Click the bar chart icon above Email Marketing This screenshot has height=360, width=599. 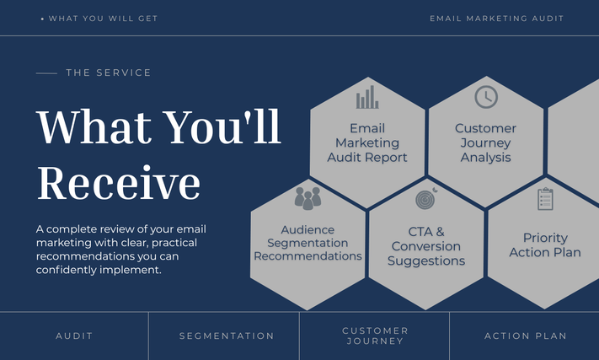pyautogui.click(x=367, y=97)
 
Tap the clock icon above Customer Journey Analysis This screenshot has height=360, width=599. pyautogui.click(x=486, y=97)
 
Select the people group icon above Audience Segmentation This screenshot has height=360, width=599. pyautogui.click(x=308, y=198)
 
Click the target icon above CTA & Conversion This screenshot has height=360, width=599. pyautogui.click(x=426, y=198)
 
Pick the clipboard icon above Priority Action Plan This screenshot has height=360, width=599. pyautogui.click(x=545, y=199)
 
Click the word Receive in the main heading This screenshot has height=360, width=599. pyautogui.click(x=119, y=183)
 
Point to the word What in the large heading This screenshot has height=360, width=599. pyautogui.click(x=94, y=126)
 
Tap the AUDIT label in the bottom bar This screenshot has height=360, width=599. pyautogui.click(x=74, y=336)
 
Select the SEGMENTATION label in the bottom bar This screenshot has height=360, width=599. pyautogui.click(x=227, y=336)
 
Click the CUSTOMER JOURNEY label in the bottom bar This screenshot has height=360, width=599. pyautogui.click(x=375, y=336)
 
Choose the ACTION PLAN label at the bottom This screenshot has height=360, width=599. pyautogui.click(x=525, y=336)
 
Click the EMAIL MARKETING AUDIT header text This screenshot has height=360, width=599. pyautogui.click(x=496, y=19)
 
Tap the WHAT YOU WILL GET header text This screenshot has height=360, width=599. pyautogui.click(x=103, y=19)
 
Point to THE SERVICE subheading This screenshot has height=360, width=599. pyautogui.click(x=109, y=73)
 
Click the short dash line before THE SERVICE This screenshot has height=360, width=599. pyautogui.click(x=46, y=73)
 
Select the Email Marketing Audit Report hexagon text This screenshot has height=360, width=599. pyautogui.click(x=367, y=143)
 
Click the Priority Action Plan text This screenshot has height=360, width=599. pyautogui.click(x=545, y=245)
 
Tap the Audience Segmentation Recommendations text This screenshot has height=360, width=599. pyautogui.click(x=308, y=243)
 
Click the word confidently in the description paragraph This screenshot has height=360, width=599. pyautogui.click(x=66, y=270)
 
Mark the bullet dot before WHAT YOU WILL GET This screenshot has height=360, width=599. pyautogui.click(x=42, y=19)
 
